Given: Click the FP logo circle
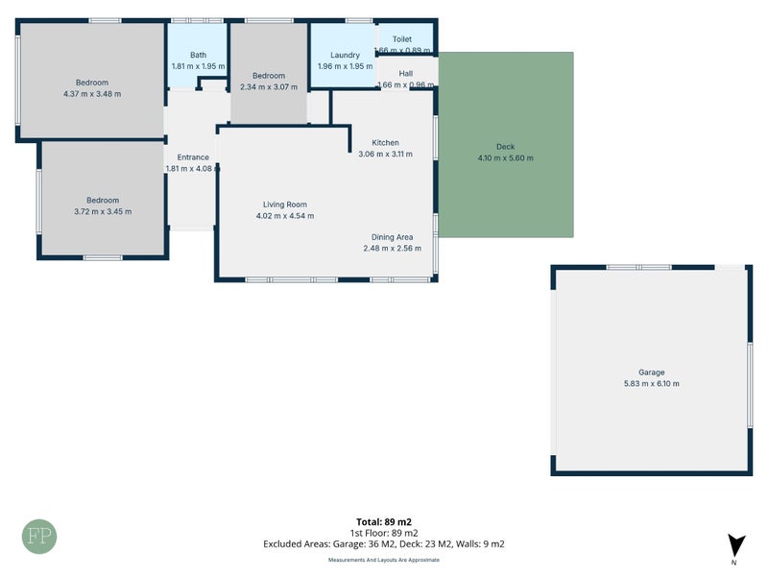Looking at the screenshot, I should (x=39, y=536).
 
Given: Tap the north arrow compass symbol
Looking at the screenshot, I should (x=735, y=544).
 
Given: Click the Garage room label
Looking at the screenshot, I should (x=651, y=372).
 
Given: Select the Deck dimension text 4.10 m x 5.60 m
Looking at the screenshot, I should (x=505, y=158).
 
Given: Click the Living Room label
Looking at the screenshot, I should (x=285, y=204).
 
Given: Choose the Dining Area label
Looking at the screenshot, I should (x=393, y=237).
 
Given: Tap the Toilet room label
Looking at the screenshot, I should (x=402, y=39).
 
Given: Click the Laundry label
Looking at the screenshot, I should (x=344, y=56).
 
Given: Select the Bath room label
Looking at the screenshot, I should (x=199, y=56).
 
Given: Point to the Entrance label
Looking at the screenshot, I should (x=193, y=157).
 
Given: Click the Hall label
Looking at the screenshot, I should (x=406, y=73).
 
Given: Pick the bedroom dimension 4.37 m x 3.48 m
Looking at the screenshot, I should (x=92, y=94).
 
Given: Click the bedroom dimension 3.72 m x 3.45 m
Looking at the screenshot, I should (x=103, y=211).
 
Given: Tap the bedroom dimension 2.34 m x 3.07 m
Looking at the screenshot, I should (x=269, y=87).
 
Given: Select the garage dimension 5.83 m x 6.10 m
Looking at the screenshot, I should (x=651, y=384).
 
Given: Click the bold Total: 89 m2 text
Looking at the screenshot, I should (x=384, y=521).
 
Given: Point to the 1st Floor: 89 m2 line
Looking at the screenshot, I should (x=384, y=533).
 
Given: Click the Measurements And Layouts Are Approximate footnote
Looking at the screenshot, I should (x=384, y=559).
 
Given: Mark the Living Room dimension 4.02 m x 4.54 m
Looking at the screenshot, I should (x=285, y=216).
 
